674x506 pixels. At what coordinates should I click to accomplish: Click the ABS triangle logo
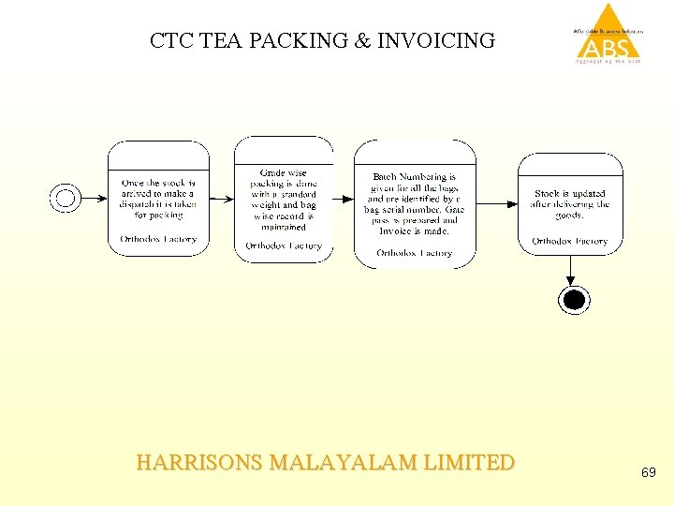coord(608,34)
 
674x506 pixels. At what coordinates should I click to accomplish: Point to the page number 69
coord(648,473)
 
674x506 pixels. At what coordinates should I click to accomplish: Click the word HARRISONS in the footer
coord(199,463)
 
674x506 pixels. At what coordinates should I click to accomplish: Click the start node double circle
coord(65,198)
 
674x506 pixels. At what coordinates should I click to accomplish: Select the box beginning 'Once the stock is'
coord(158,199)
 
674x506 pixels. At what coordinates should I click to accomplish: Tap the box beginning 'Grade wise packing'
coord(284,200)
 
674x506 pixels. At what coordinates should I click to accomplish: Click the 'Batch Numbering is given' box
coord(414,202)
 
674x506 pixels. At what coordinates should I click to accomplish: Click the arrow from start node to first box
coord(94,198)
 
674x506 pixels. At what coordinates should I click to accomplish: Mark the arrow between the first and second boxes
coord(222,199)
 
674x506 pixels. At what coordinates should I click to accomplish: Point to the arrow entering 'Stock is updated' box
coord(497,203)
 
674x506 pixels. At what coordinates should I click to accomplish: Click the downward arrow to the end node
coord(569,271)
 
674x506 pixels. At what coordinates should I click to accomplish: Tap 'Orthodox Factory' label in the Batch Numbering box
coord(414,253)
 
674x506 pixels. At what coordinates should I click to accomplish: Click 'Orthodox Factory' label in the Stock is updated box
coord(570,241)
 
